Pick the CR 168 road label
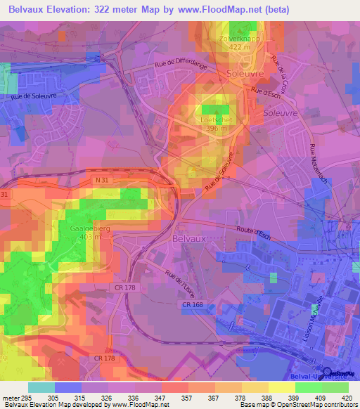click(192, 304)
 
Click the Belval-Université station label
click(335, 377)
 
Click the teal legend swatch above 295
click(41, 387)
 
